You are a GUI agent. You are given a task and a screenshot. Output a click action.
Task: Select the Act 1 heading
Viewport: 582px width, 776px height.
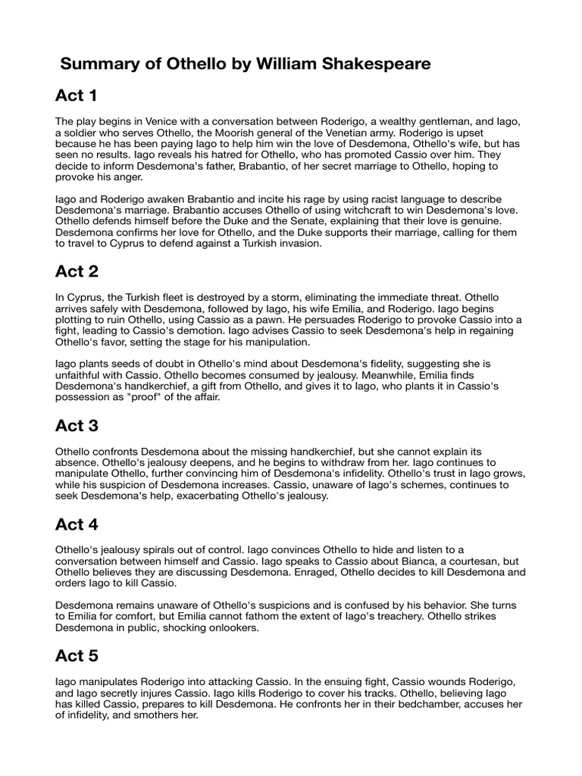pos(77,95)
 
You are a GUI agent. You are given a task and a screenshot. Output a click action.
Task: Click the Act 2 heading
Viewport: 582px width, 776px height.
pos(77,271)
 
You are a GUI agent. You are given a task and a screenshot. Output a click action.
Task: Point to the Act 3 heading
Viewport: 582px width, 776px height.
pos(77,426)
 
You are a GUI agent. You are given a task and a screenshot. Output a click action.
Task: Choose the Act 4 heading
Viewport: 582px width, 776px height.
pos(77,524)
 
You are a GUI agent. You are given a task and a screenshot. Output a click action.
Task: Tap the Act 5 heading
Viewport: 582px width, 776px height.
pos(77,656)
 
